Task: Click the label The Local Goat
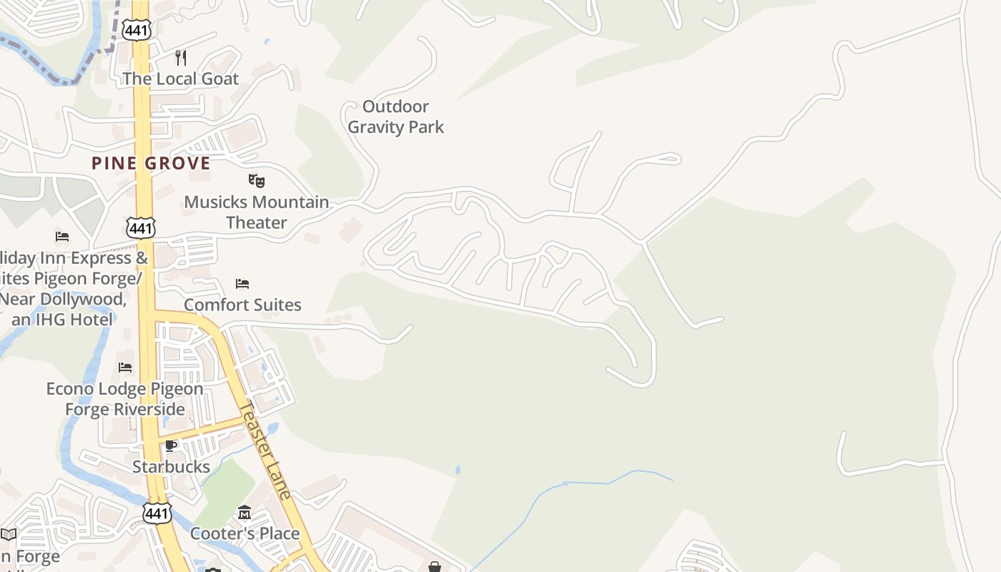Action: [x=180, y=78]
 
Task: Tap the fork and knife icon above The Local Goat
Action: [x=181, y=57]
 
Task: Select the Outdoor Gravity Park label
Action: [x=395, y=117]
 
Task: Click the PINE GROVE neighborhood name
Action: [x=151, y=163]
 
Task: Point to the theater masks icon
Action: [x=257, y=181]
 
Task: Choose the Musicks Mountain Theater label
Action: [x=257, y=212]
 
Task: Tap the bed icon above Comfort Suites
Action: [x=242, y=284]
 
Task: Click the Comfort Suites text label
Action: [x=242, y=305]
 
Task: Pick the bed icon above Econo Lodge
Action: [x=125, y=368]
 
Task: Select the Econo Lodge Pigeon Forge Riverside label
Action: [x=125, y=399]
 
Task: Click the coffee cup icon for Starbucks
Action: [x=171, y=446]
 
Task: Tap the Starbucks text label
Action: [x=171, y=467]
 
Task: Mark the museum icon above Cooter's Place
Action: [x=245, y=512]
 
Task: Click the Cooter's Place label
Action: [x=245, y=533]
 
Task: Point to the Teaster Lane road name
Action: [x=265, y=450]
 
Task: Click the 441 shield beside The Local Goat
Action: [x=136, y=30]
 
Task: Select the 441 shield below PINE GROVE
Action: [x=140, y=228]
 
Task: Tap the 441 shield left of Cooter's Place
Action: [x=157, y=513]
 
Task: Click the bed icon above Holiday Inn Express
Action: [x=62, y=237]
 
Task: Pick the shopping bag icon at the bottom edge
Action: [x=435, y=567]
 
